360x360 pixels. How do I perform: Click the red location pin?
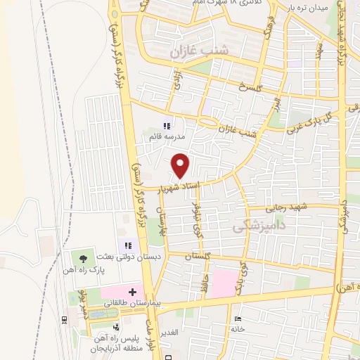(x=181, y=165)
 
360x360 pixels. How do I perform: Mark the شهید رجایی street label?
(x=286, y=208)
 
